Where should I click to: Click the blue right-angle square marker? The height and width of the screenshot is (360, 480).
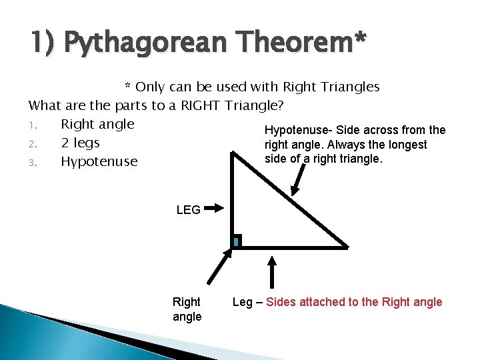click(236, 241)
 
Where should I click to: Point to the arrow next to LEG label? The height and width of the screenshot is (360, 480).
click(214, 209)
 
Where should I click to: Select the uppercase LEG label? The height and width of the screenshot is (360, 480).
click(188, 209)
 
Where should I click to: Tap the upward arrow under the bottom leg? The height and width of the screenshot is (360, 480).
click(272, 273)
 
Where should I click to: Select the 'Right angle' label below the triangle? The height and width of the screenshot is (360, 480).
click(187, 309)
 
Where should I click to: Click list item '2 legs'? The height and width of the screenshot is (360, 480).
click(80, 143)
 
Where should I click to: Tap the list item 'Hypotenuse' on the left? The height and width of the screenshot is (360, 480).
click(99, 161)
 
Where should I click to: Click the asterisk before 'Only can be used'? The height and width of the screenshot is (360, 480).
click(129, 87)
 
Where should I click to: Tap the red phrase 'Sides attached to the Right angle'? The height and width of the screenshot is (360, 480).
click(354, 302)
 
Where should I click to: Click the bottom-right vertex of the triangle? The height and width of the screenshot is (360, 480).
click(347, 247)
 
